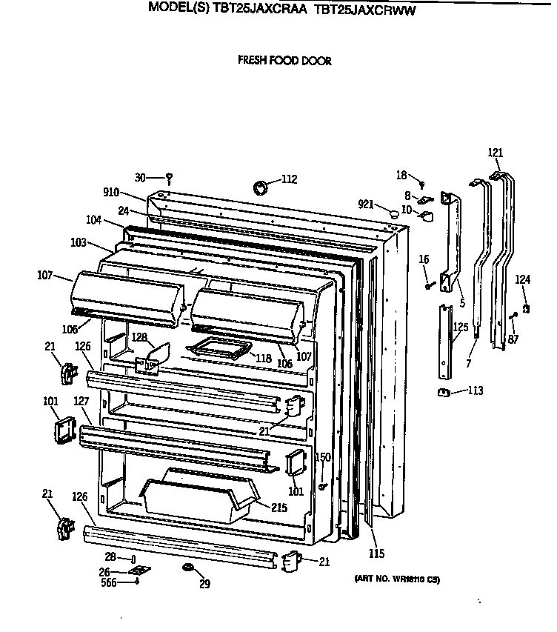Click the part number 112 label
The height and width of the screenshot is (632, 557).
coord(289,179)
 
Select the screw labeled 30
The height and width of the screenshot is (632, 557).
coord(170,177)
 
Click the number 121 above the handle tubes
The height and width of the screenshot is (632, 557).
coord(496,153)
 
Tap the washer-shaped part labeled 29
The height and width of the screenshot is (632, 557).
coord(188,568)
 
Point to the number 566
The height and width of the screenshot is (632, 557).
coord(109,582)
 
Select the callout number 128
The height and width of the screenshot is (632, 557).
coord(139,337)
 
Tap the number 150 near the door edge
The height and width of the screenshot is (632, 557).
coord(323,457)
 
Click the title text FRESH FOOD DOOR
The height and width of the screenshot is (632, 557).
coord(284,61)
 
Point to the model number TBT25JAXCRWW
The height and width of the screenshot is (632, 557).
coord(364,10)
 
